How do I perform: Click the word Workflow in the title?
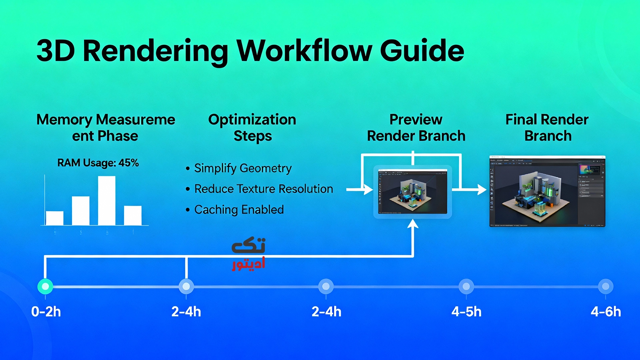[304, 51]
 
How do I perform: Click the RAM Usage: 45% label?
[98, 163]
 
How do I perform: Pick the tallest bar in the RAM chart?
[107, 200]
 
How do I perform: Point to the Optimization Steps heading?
[252, 128]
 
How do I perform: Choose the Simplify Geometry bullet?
[243, 168]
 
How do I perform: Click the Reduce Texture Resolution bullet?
[263, 189]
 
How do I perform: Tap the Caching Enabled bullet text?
[239, 210]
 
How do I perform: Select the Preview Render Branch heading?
[416, 128]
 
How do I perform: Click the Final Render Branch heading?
[547, 128]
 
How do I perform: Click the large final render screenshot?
[547, 192]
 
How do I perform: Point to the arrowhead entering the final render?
[482, 189]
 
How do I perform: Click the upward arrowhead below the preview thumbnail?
[413, 224]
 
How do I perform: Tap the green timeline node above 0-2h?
[45, 286]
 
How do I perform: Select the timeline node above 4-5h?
[466, 286]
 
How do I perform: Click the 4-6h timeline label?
[606, 312]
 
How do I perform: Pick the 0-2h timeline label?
[46, 312]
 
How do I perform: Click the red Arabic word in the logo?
[248, 264]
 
